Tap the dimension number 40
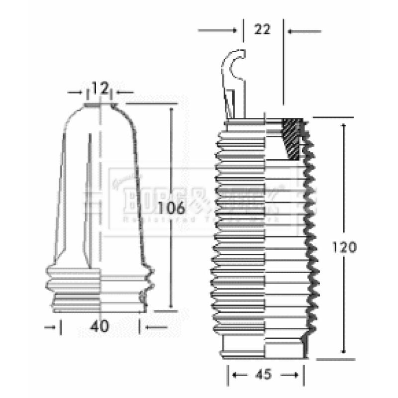click(100, 327)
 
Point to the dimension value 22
click(262, 29)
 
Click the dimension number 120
click(344, 247)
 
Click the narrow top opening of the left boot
click(100, 105)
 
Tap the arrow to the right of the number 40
click(154, 327)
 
